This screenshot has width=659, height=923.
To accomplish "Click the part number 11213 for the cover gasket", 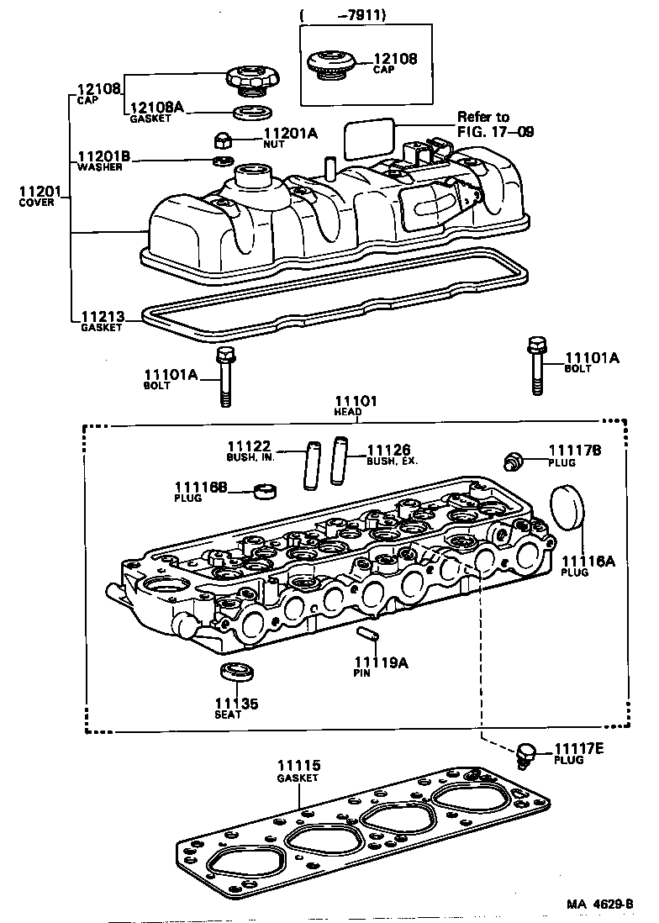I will coord(102,317).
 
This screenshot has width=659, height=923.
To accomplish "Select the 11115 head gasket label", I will coord(298,766).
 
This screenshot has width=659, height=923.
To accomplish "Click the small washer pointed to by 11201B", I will coord(223,161).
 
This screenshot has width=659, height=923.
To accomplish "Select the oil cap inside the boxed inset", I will coord(329,65).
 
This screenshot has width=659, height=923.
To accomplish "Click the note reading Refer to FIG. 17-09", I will coord(495,124).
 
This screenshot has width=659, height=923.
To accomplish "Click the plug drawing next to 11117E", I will coord(528,752).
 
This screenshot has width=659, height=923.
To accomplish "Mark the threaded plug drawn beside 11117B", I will coord(512,460).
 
